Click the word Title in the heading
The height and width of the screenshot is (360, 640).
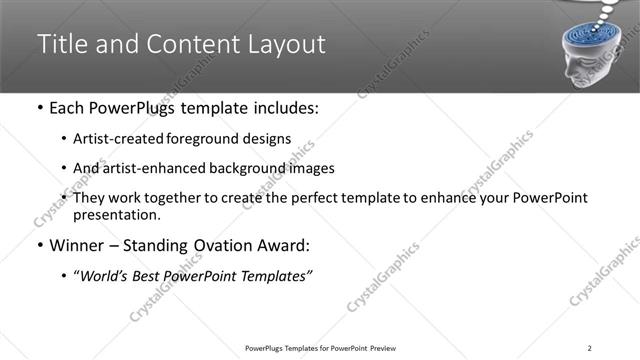click(x=61, y=45)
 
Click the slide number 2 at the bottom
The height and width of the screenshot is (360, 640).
click(x=590, y=347)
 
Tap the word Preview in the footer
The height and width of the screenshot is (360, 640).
click(x=386, y=347)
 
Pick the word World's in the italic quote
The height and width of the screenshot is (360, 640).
click(x=106, y=275)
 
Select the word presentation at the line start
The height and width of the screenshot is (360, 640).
click(x=116, y=214)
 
